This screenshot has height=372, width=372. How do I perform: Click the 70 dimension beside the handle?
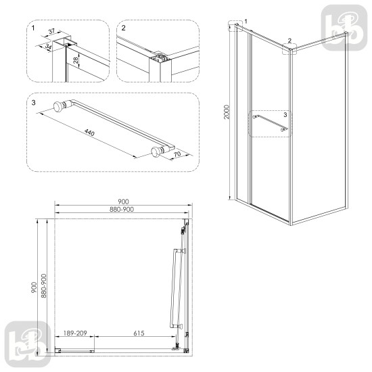pos(178,156)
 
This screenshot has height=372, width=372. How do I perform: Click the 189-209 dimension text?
pos(74,333)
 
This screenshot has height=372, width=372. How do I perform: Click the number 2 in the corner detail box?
pos(122,28)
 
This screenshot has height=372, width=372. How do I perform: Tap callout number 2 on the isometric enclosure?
pos(289,41)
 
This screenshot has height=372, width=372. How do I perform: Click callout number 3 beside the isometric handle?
pos(285,116)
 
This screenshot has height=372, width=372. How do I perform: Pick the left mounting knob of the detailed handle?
pos(59,106)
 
